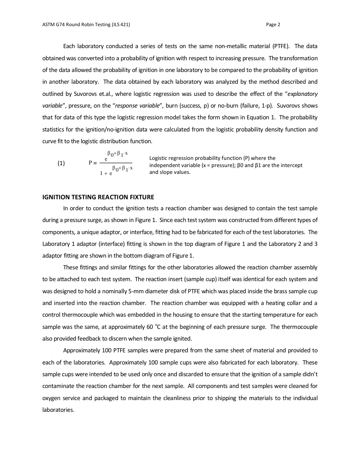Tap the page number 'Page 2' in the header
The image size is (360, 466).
pos(273,25)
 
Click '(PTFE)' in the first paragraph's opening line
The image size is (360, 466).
pos(281,46)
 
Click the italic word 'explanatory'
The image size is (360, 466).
pos(303,94)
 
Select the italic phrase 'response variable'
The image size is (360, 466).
pos(137,106)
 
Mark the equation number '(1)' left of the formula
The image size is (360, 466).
pos(61,163)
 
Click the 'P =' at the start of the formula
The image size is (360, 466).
pos(93,163)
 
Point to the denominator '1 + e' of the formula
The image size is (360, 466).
pos(106,173)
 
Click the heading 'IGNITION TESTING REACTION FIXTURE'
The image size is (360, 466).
pos(98,197)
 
